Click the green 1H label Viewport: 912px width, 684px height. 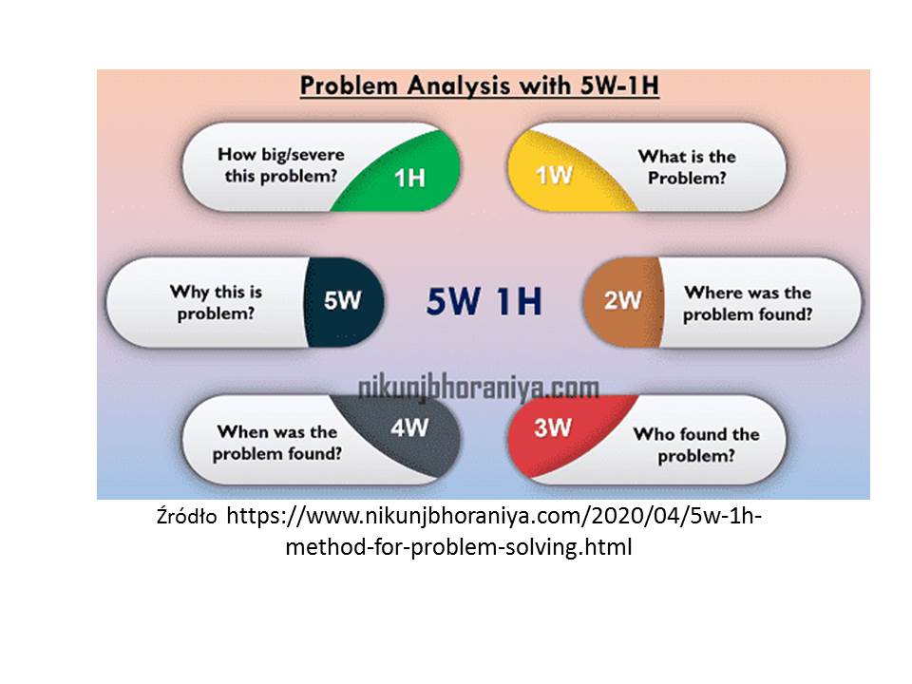tap(409, 178)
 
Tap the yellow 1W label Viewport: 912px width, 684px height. tap(554, 175)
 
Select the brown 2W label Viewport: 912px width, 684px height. tap(622, 300)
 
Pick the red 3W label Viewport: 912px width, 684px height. tap(553, 428)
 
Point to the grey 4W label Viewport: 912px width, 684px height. tap(409, 428)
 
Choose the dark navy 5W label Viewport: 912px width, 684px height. tap(343, 300)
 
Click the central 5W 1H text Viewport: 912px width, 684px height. tap(484, 301)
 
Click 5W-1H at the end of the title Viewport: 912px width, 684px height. tap(619, 85)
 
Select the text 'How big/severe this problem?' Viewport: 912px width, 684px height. tap(281, 165)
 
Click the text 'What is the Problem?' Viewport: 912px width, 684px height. tap(687, 167)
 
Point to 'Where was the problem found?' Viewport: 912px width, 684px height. tap(748, 303)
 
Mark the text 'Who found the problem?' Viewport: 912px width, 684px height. tap(696, 445)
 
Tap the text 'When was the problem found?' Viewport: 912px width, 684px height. tap(276, 443)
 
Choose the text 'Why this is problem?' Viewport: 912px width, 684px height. tap(216, 302)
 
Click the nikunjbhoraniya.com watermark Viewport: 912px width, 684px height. tap(478, 389)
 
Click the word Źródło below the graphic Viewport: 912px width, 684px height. tap(186, 517)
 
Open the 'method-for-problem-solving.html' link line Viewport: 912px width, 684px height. tap(458, 547)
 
